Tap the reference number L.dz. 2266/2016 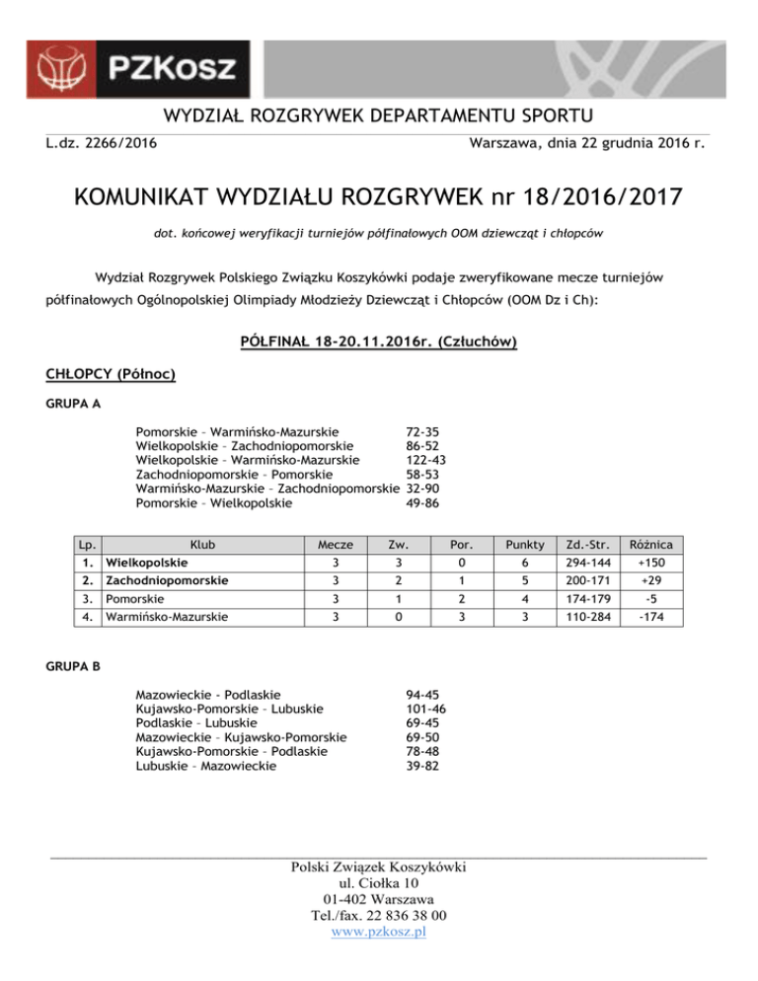(x=105, y=146)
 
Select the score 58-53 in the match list (x=421, y=475)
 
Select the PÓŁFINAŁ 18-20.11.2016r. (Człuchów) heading (x=379, y=343)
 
